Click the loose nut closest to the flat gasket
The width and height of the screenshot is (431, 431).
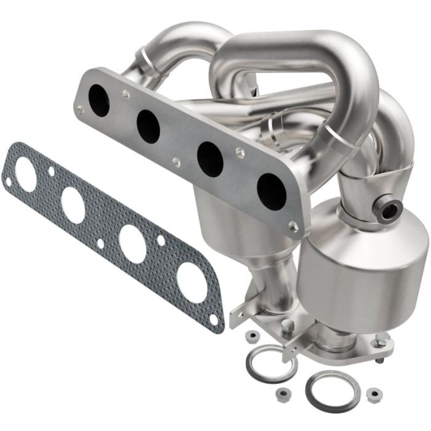point(252,336)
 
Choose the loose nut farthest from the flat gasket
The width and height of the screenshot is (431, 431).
point(372,392)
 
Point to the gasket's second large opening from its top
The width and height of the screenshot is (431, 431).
point(73,203)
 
